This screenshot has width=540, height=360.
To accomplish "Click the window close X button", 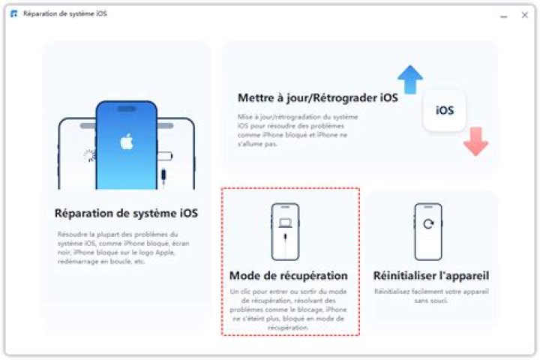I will [x=524, y=15].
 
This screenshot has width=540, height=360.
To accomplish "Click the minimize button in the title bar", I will [x=503, y=15].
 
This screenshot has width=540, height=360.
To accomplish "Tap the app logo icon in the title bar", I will [x=13, y=14].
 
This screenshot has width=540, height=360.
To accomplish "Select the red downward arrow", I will [x=475, y=141].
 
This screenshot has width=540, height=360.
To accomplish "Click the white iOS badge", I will [x=444, y=111].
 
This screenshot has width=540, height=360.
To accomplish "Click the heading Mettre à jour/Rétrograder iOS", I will [x=317, y=98].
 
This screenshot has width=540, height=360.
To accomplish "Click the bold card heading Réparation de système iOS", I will [x=126, y=214].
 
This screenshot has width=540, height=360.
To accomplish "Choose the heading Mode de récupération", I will [x=289, y=275].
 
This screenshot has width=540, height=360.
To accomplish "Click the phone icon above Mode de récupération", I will [x=285, y=231].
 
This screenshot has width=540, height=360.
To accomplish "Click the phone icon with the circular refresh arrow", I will [x=427, y=231].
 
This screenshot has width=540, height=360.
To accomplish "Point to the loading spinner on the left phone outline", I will [x=89, y=155].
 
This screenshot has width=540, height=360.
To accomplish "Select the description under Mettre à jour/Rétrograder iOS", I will [x=298, y=130].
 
